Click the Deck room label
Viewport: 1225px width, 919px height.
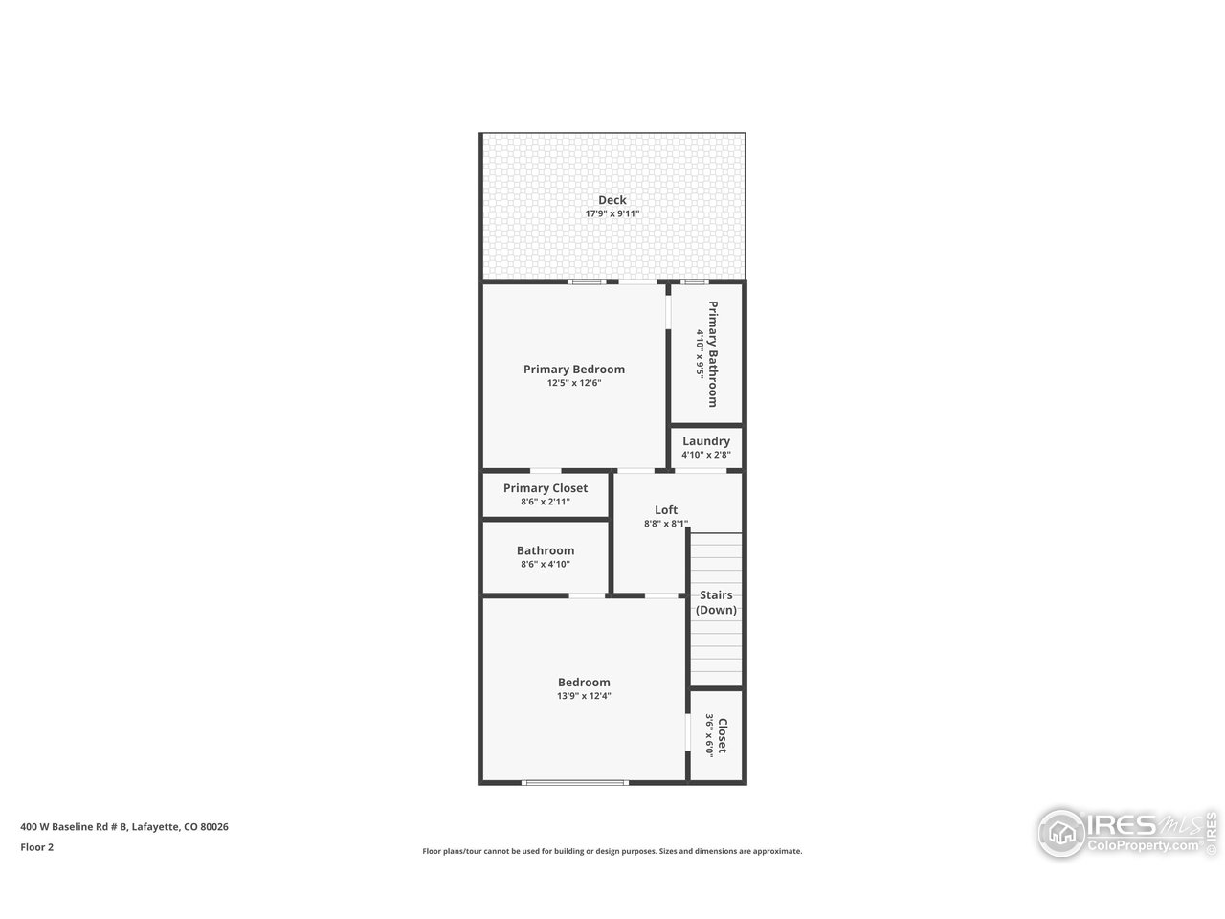point(612,200)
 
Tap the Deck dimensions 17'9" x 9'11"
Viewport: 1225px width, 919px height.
point(612,214)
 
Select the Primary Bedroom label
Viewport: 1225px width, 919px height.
point(574,370)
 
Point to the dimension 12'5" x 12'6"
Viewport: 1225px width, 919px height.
point(574,383)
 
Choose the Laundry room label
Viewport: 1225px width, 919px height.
point(706,441)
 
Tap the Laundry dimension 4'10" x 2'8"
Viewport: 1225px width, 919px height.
point(706,455)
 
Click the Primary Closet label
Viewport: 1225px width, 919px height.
point(546,488)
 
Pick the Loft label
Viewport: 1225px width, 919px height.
point(666,510)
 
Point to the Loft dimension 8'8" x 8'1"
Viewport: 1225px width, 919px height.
point(666,524)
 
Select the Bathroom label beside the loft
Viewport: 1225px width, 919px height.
point(546,550)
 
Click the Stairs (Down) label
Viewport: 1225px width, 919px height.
point(716,602)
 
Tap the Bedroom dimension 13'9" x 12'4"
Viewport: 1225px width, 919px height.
point(584,696)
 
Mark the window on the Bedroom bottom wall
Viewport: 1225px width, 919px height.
point(574,783)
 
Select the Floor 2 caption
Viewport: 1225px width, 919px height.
point(37,847)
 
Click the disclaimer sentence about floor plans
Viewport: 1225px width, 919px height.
point(612,851)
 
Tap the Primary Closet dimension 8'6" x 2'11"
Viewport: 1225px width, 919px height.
point(546,502)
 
